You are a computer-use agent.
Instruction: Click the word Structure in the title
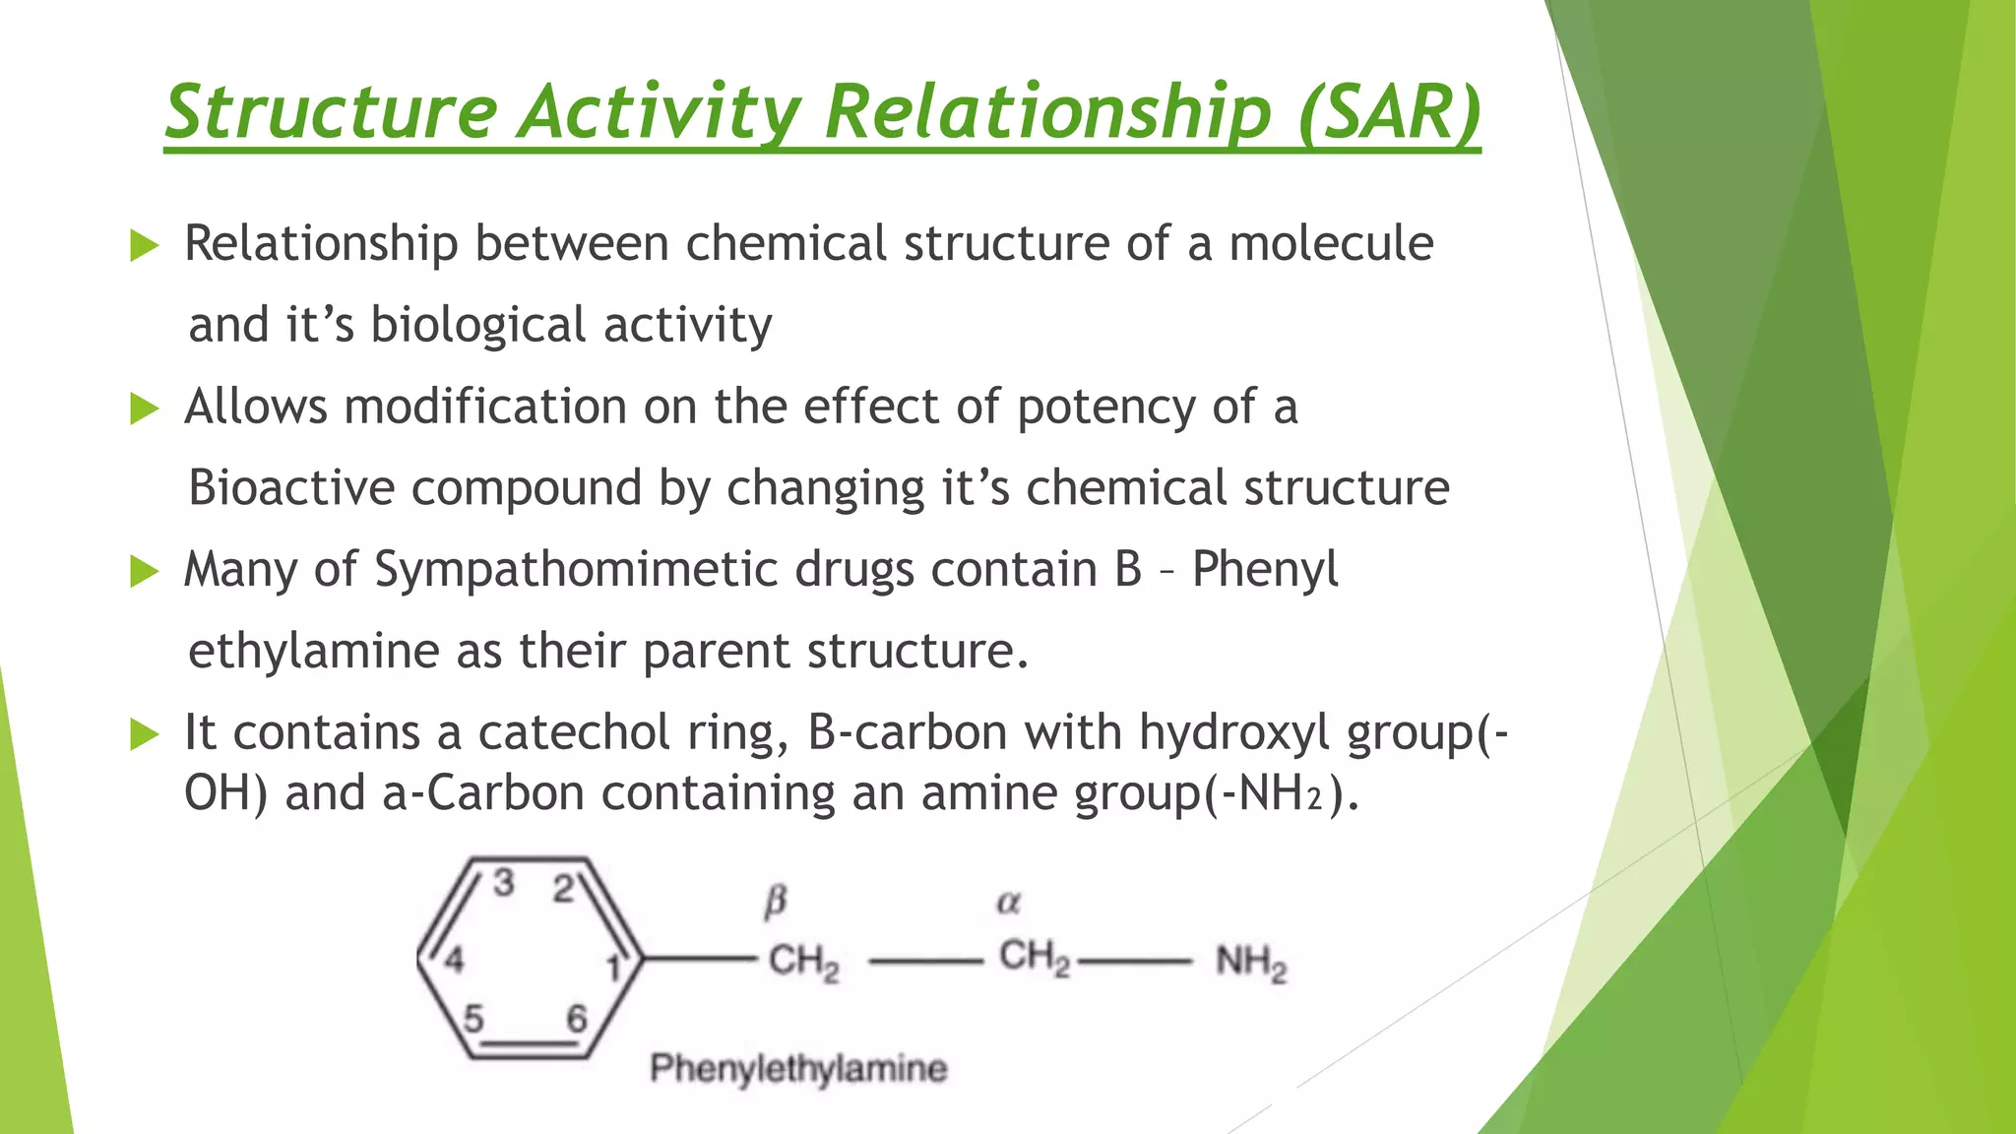(x=332, y=111)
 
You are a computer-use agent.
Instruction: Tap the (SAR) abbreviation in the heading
(x=1389, y=111)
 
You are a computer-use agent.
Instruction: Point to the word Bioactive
(x=291, y=487)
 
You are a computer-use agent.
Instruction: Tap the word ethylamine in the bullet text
(x=313, y=651)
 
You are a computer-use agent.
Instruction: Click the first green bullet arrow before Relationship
(x=144, y=245)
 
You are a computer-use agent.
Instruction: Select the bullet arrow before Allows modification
(x=144, y=408)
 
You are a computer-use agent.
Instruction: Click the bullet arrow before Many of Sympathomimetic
(x=144, y=571)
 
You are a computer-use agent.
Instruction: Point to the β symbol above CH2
(x=776, y=900)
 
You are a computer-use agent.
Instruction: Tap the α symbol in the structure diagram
(x=1009, y=902)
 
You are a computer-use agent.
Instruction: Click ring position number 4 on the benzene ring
(x=454, y=959)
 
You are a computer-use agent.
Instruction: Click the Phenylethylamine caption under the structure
(x=798, y=1068)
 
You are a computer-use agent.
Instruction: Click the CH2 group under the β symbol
(x=803, y=961)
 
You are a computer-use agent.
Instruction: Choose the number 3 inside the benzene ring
(x=504, y=883)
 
